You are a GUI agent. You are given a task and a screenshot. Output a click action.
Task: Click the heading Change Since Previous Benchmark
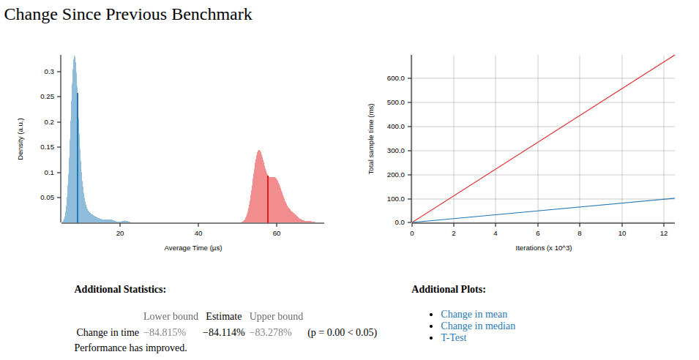click(x=128, y=15)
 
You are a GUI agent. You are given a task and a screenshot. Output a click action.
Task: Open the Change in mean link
click(x=474, y=314)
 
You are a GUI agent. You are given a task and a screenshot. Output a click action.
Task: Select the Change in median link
click(x=477, y=326)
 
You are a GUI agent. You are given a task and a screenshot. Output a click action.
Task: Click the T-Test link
click(x=453, y=337)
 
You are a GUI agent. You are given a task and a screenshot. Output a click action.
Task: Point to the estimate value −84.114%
click(x=223, y=332)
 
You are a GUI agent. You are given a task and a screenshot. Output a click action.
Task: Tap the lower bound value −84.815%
click(x=164, y=332)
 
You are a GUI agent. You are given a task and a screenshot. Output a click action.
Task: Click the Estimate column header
click(x=223, y=316)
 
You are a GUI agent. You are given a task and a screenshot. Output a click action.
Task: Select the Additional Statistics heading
click(x=120, y=289)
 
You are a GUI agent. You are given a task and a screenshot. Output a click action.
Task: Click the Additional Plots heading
click(x=449, y=289)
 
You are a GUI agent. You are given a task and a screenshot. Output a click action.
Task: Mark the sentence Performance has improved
click(x=130, y=348)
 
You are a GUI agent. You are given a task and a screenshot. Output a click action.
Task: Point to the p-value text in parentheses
click(x=342, y=332)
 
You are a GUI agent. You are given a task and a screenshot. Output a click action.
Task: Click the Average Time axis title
click(x=193, y=249)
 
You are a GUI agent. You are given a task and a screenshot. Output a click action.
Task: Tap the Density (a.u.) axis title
click(x=21, y=138)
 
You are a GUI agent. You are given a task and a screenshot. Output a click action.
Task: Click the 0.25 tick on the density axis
click(x=48, y=97)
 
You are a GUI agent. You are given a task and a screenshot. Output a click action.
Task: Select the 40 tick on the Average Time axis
click(x=198, y=233)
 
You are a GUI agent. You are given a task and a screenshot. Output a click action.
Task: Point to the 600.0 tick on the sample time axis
click(x=396, y=78)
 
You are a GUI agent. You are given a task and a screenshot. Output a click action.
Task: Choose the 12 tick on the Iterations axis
click(x=663, y=233)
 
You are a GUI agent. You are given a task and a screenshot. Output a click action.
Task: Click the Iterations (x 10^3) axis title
click(x=543, y=249)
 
